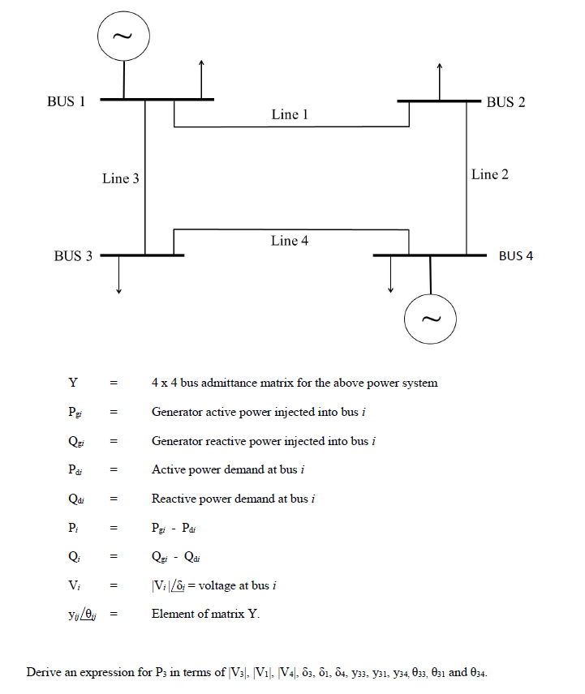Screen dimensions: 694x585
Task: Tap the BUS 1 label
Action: (x=67, y=102)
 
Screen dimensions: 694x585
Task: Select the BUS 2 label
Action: (x=505, y=102)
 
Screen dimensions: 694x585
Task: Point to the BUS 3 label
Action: (x=73, y=256)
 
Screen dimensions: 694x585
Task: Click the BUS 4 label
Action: (x=516, y=256)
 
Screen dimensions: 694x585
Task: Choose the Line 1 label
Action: (x=290, y=115)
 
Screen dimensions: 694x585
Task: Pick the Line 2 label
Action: (x=490, y=174)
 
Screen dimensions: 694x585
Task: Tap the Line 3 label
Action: (x=120, y=178)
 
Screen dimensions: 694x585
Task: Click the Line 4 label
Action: (x=290, y=241)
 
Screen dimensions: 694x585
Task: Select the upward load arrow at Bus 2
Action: (x=439, y=81)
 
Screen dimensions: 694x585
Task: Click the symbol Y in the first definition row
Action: (x=73, y=383)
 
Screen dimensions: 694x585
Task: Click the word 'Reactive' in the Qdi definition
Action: (x=174, y=499)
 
